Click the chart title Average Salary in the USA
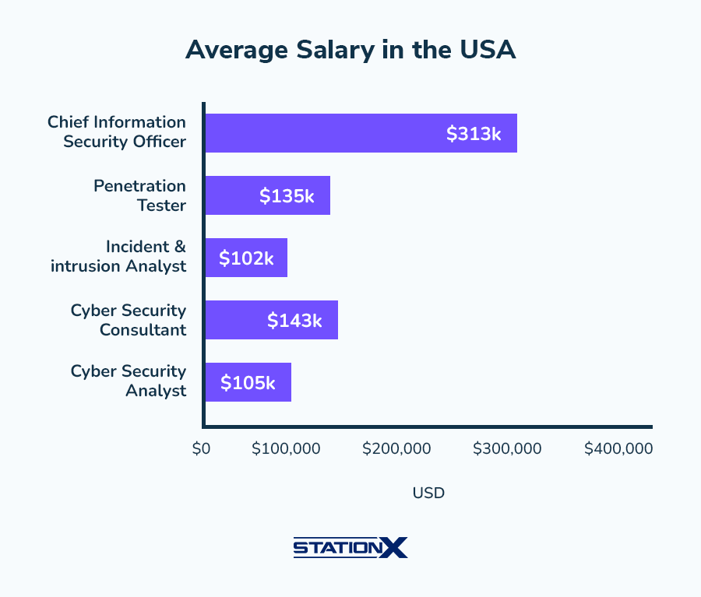click(x=350, y=50)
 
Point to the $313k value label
click(x=474, y=134)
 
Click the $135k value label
click(x=287, y=196)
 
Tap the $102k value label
click(x=246, y=258)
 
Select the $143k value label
click(x=294, y=321)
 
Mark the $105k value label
click(x=248, y=383)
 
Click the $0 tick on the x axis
click(x=201, y=449)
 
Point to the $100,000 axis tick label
click(x=286, y=449)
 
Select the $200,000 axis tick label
click(x=397, y=449)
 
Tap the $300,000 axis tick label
click(x=508, y=449)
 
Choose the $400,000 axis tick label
click(x=618, y=449)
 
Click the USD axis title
click(x=428, y=493)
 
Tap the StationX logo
click(x=350, y=548)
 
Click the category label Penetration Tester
click(x=139, y=195)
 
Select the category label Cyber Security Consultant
click(x=129, y=320)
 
